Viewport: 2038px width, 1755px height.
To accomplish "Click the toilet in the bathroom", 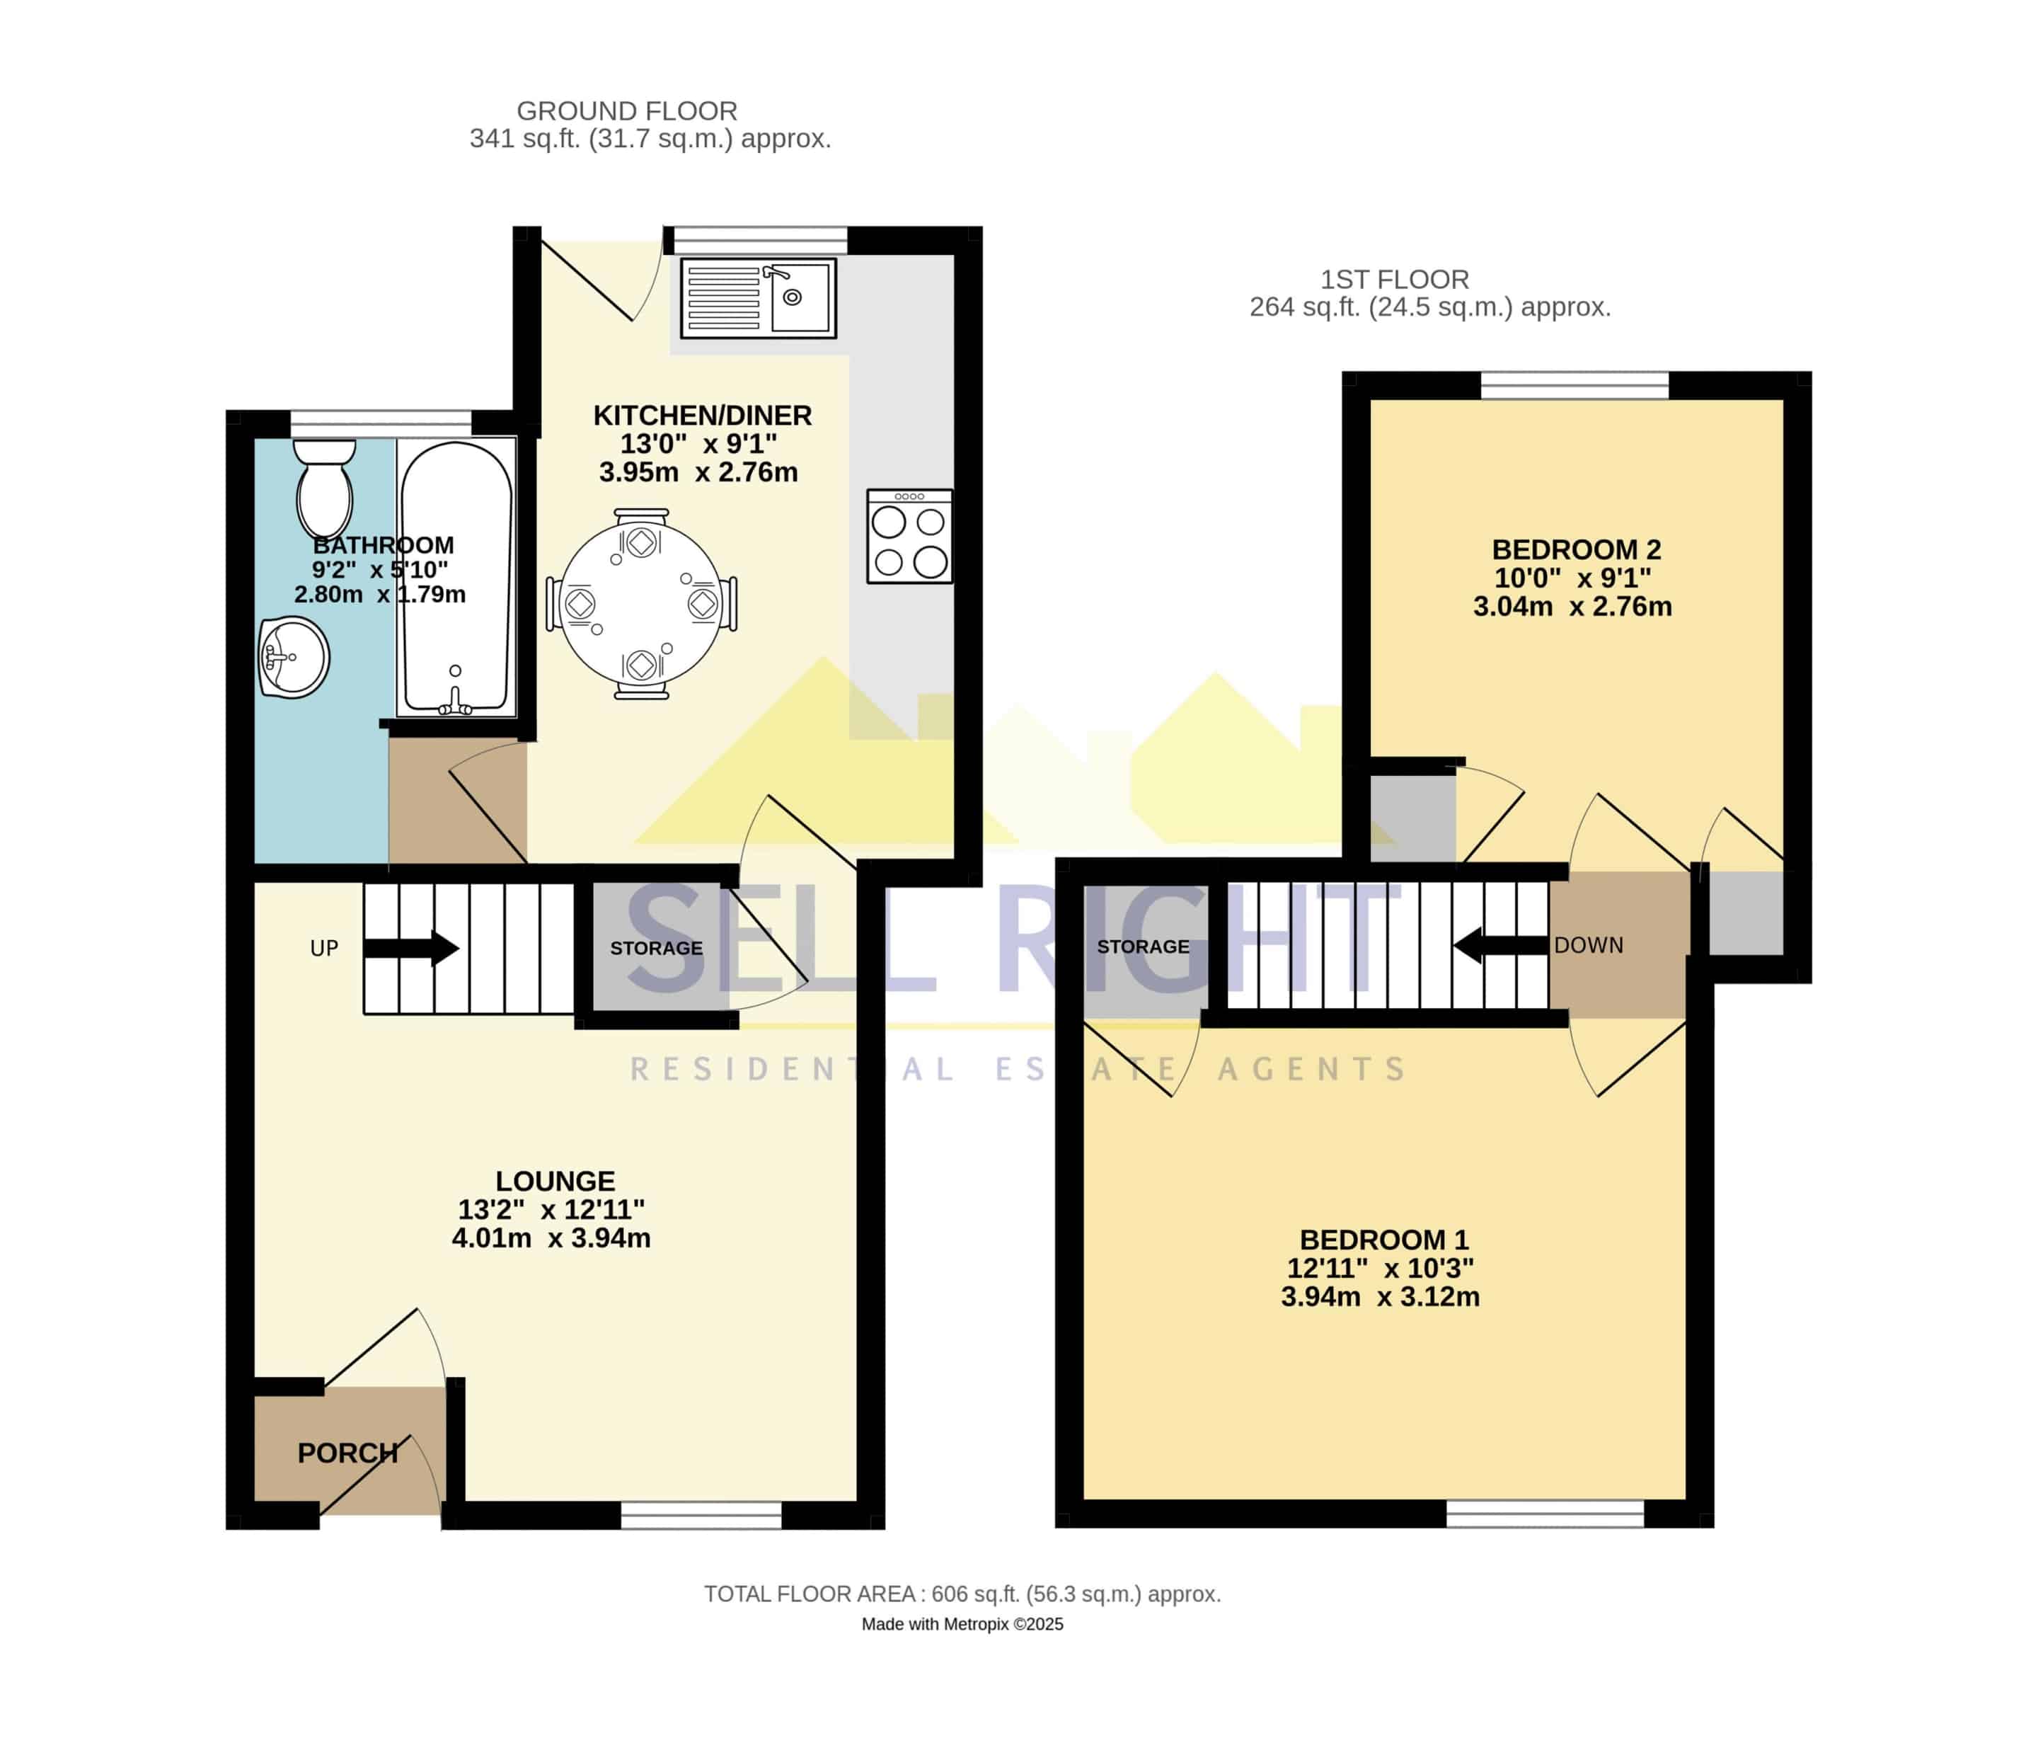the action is point(325,489).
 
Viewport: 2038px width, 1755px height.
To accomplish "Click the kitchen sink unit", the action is point(759,298).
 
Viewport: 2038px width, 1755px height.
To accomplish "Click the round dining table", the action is point(641,604).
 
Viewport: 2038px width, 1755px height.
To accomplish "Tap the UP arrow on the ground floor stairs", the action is point(411,949).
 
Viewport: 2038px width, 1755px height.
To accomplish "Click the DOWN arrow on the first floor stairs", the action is point(1501,945).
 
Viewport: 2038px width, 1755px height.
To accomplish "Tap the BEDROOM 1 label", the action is point(1384,1240).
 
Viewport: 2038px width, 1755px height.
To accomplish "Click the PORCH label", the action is point(348,1453).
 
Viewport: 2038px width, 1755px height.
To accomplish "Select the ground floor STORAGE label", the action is point(656,949).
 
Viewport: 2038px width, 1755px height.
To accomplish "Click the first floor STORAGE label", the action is point(1143,947).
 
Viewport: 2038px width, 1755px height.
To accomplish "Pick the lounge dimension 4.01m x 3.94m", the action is point(551,1237).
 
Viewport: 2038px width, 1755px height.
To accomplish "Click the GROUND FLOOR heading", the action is point(626,111).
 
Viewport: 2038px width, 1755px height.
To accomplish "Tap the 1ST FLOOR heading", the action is point(1394,280).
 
